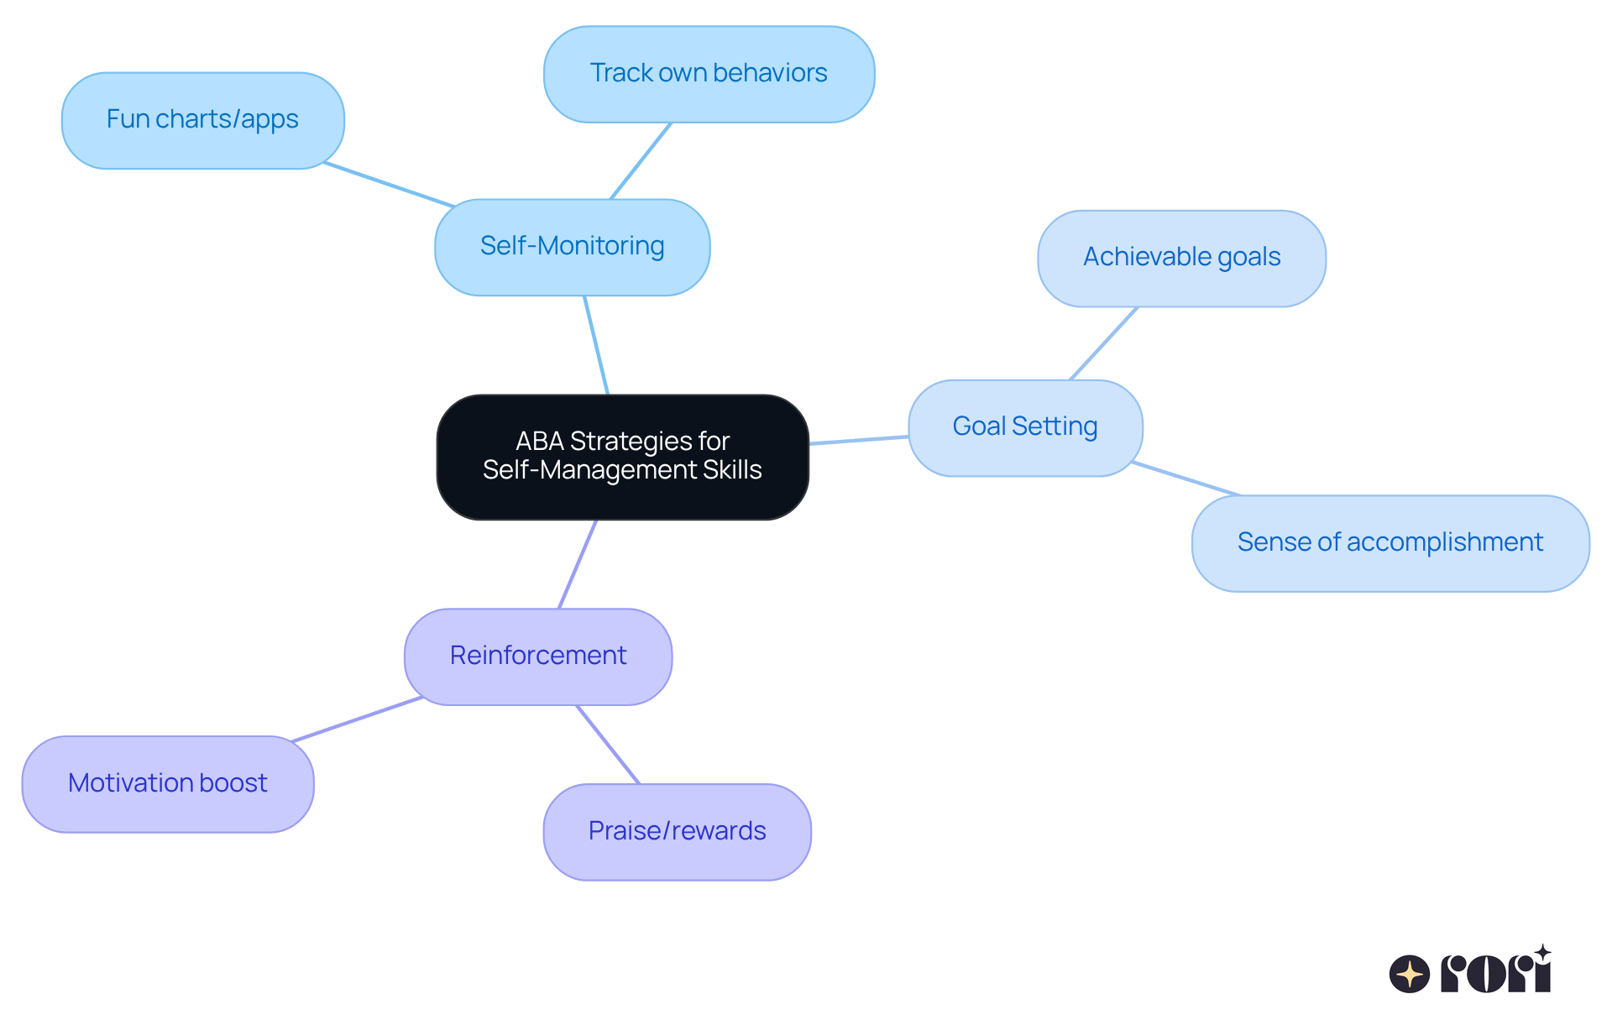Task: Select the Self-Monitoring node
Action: (x=572, y=247)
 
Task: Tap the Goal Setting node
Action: (x=1024, y=427)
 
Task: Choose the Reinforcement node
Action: (x=537, y=656)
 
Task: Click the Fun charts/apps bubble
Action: (x=202, y=120)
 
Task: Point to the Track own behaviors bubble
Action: (x=709, y=74)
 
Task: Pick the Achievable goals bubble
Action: (x=1181, y=258)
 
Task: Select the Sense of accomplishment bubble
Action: (x=1390, y=543)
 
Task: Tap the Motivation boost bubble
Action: (x=167, y=783)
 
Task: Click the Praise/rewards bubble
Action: (x=677, y=831)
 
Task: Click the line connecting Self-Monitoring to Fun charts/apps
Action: (x=388, y=185)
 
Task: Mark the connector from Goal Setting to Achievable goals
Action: (x=1104, y=343)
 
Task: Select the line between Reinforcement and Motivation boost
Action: (x=357, y=719)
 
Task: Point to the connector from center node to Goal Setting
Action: (x=858, y=440)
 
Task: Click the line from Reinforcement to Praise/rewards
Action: (x=608, y=745)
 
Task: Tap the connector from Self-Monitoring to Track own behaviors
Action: (x=641, y=161)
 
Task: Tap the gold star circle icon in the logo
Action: (x=1409, y=975)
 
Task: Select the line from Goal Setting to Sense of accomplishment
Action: (x=1185, y=479)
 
